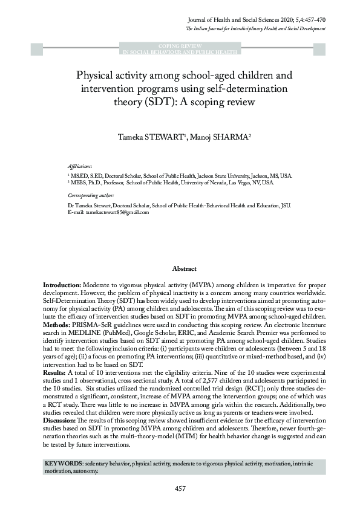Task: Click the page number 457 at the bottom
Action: [x=180, y=488]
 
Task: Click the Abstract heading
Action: [x=184, y=268]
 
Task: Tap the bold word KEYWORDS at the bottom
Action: [x=64, y=462]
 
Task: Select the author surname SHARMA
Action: [x=229, y=138]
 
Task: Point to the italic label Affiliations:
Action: [x=80, y=166]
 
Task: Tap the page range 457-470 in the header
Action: [x=313, y=20]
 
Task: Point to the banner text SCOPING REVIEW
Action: [x=180, y=46]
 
